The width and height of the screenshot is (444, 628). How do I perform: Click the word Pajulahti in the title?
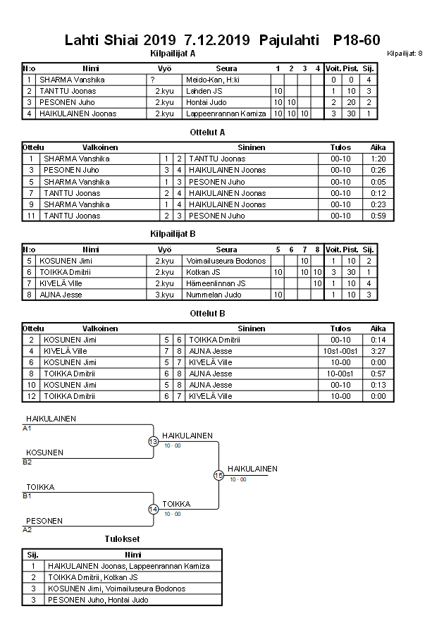[290, 40]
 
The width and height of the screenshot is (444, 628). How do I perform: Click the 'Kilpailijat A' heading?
[173, 54]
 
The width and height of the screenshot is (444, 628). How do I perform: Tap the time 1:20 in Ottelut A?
[378, 159]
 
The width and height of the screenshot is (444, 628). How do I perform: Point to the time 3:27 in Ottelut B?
[378, 351]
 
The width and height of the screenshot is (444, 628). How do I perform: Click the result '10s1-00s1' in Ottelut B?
[340, 351]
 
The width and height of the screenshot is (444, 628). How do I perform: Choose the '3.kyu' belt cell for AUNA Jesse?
[164, 295]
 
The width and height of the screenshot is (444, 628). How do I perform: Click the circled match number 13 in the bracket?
[153, 441]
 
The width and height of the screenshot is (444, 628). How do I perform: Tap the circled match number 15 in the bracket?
[218, 476]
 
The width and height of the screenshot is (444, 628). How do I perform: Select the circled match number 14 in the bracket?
[153, 510]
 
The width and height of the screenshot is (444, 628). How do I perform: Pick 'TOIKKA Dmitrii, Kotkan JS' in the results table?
[93, 577]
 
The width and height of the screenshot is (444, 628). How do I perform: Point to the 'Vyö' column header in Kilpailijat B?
[164, 250]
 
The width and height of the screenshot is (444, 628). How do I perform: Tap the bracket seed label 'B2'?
[27, 462]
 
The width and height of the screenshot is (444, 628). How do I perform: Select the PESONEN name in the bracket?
[44, 521]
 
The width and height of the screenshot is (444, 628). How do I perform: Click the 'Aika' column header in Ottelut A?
[378, 148]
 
